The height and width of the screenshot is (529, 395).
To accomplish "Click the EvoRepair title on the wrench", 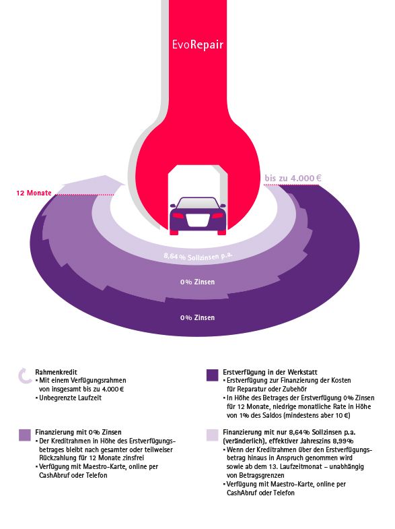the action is pyautogui.click(x=197, y=45).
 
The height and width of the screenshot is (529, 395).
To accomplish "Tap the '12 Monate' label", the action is pyautogui.click(x=34, y=193).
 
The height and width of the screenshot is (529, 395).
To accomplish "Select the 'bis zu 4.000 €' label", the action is pyautogui.click(x=293, y=178).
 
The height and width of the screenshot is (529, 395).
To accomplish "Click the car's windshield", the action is pyautogui.click(x=197, y=203).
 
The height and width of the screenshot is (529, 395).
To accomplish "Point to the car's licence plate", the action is pyautogui.click(x=197, y=220).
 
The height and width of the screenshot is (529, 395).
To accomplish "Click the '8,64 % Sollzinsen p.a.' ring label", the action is pyautogui.click(x=198, y=257).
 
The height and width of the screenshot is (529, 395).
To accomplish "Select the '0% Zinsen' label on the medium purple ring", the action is pyautogui.click(x=197, y=282).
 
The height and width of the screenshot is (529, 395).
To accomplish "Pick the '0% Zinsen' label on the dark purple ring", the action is pyautogui.click(x=197, y=317).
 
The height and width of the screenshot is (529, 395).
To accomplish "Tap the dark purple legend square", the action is pyautogui.click(x=212, y=375).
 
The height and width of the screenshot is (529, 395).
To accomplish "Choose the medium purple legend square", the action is pyautogui.click(x=25, y=435).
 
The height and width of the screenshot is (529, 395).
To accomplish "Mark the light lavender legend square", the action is pyautogui.click(x=212, y=435).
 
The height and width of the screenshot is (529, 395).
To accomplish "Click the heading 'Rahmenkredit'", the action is pyautogui.click(x=56, y=372).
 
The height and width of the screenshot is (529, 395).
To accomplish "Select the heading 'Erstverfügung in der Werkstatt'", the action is pyautogui.click(x=270, y=372).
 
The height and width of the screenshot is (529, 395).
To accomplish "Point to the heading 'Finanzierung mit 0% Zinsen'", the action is pyautogui.click(x=78, y=432).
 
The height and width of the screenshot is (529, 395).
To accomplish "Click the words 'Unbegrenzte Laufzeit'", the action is pyautogui.click(x=70, y=398).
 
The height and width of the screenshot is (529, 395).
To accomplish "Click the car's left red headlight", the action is pyautogui.click(x=178, y=215).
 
